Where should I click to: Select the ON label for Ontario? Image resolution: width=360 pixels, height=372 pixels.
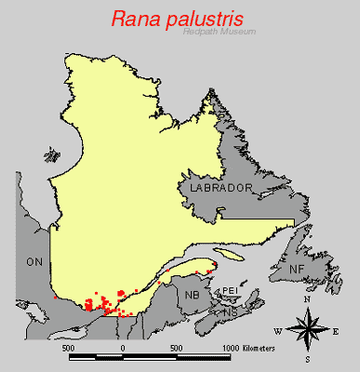tap(34, 261)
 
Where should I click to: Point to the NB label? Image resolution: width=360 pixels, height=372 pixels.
tap(193, 295)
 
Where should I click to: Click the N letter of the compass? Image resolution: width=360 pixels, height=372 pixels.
tap(306, 301)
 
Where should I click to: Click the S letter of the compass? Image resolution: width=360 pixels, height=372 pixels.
tap(306, 358)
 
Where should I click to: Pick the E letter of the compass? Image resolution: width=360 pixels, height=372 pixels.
tap(336, 331)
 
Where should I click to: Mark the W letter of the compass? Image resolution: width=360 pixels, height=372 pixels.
tap(277, 331)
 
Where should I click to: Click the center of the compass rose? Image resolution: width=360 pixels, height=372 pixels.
tap(306, 329)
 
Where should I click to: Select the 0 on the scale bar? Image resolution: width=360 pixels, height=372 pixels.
tap(123, 347)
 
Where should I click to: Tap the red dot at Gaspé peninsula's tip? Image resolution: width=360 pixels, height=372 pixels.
tap(214, 264)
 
